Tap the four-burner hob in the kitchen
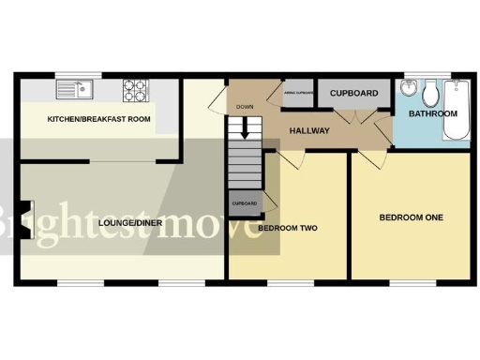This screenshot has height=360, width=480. coord(135,91)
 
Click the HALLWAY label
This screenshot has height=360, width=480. coord(309,130)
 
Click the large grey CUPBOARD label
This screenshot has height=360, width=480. coord(353,94)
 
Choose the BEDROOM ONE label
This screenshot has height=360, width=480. coord(411,217)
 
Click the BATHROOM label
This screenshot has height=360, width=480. coord(434,113)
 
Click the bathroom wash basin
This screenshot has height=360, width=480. coord(407,91)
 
